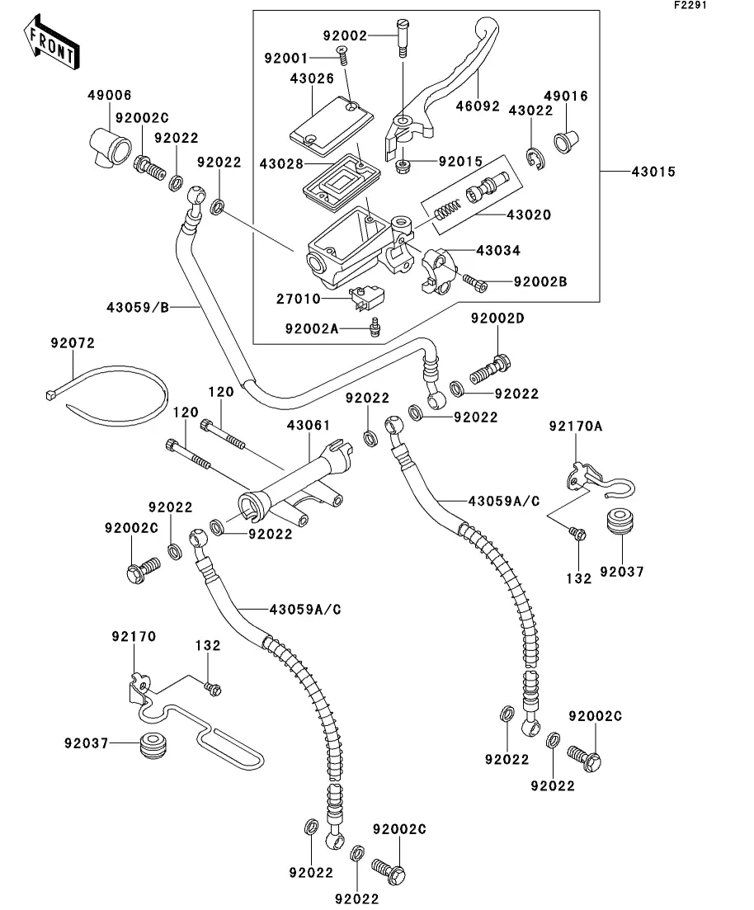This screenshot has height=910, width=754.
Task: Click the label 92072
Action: (73, 341)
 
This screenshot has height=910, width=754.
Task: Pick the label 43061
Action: (309, 426)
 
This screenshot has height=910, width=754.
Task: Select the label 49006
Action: (110, 96)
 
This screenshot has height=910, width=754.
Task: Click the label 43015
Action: (653, 172)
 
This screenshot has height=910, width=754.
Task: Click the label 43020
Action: (528, 215)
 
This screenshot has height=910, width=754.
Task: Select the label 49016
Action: (566, 97)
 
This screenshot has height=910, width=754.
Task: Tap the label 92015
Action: (459, 162)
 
